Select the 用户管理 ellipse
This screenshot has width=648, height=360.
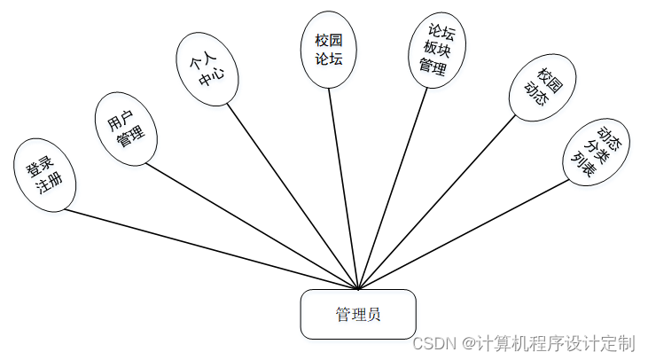(126, 128)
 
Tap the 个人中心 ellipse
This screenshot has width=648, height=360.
(206, 68)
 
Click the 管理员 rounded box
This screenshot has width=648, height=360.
(357, 314)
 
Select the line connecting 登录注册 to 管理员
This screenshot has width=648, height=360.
(211, 249)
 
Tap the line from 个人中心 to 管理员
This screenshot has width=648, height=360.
(293, 197)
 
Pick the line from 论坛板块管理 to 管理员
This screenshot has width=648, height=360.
(393, 186)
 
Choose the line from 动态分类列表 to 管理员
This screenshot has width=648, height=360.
(463, 235)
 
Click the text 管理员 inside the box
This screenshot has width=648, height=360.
(357, 314)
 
